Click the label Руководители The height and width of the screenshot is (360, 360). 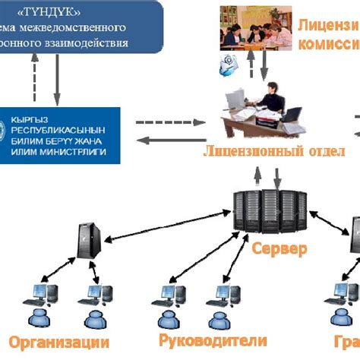(x=213, y=339)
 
